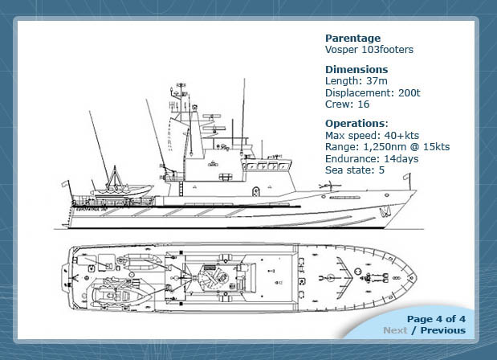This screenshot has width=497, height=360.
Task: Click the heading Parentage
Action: [x=352, y=38]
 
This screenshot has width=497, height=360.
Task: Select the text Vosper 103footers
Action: [x=369, y=50]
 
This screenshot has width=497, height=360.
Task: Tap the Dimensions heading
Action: [x=356, y=69]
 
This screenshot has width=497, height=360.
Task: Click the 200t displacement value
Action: [x=411, y=92]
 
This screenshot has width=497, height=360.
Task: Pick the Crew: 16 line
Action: [x=347, y=104]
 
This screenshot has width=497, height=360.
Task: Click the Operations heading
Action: [x=355, y=124]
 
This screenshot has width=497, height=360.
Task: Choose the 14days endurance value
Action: [x=402, y=158]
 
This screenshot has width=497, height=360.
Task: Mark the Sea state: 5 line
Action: [x=355, y=170]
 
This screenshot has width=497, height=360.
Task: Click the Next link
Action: [x=394, y=329]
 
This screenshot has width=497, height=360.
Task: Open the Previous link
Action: [x=442, y=329]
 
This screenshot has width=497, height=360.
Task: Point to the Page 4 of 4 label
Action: [x=436, y=318]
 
